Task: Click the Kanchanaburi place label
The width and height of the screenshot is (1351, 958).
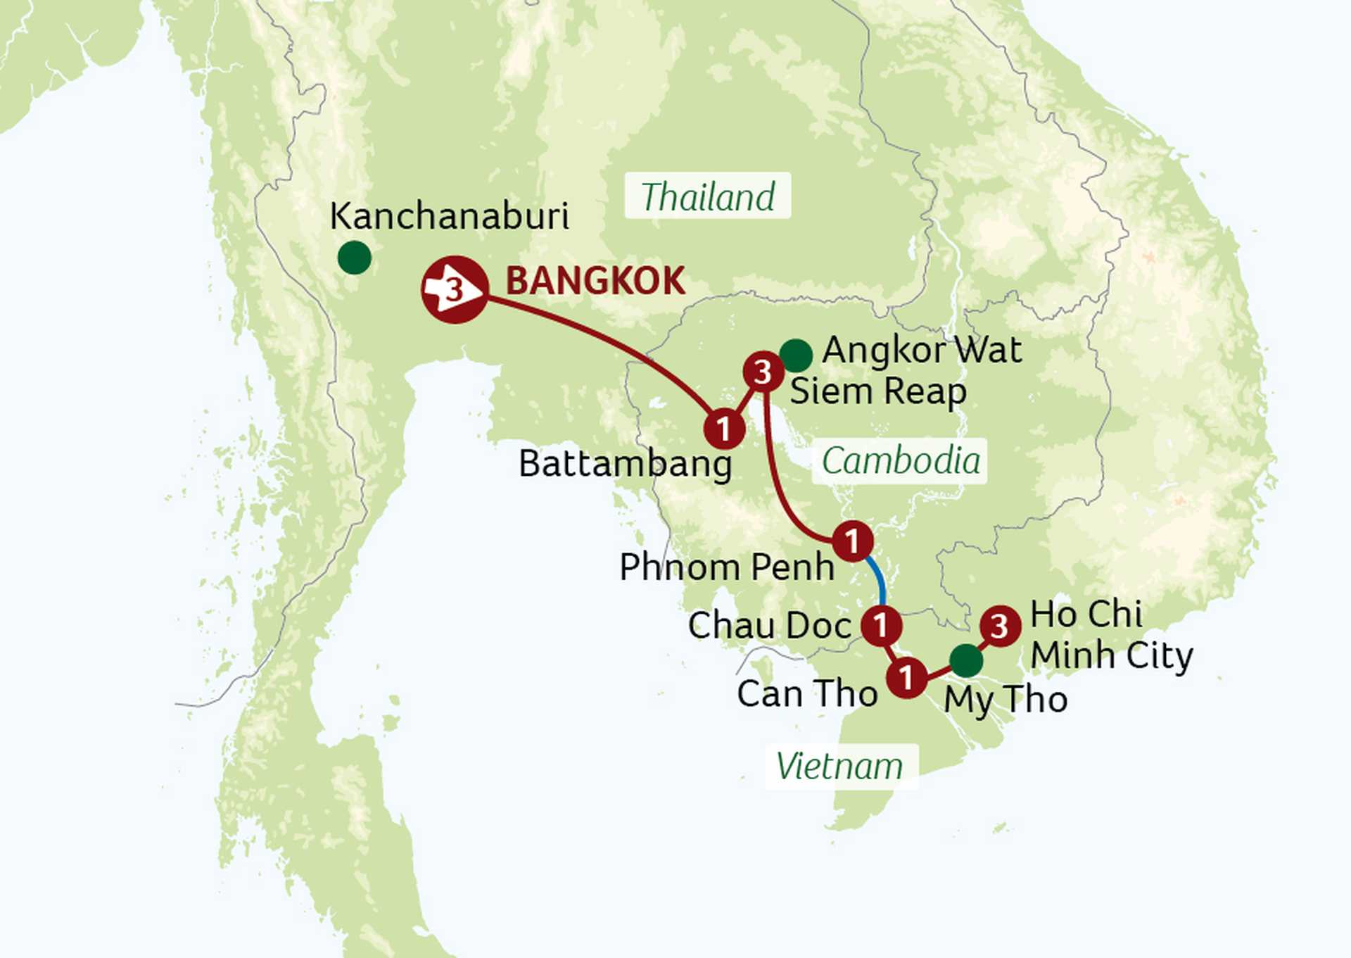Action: tap(449, 216)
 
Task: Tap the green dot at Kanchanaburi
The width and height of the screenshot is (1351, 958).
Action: tap(355, 258)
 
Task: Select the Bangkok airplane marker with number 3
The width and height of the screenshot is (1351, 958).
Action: tap(455, 289)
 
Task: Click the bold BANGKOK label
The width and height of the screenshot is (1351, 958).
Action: tap(595, 281)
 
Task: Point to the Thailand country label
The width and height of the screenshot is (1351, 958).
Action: tap(707, 196)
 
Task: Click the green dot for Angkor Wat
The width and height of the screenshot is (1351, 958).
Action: tap(796, 355)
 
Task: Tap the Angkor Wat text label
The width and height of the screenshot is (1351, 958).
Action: tap(922, 350)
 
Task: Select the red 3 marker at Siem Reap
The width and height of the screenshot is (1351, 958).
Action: tap(763, 372)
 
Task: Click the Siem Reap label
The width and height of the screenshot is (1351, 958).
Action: tap(877, 391)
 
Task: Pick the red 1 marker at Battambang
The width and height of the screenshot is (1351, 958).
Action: tap(724, 428)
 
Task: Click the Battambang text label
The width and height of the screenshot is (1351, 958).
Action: tap(625, 464)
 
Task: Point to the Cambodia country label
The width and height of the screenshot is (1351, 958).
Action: tap(900, 461)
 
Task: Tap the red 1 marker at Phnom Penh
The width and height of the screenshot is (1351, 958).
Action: tap(853, 541)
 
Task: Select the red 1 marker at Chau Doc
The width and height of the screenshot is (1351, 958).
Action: tap(881, 625)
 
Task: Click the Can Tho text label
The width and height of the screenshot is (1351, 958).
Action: tap(807, 694)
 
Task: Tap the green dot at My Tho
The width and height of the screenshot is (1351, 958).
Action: tap(966, 660)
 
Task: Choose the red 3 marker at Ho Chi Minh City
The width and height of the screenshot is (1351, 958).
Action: tap(1000, 626)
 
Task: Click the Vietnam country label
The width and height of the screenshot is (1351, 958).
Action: tap(840, 766)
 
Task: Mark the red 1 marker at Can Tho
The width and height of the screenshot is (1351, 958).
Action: tap(906, 677)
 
